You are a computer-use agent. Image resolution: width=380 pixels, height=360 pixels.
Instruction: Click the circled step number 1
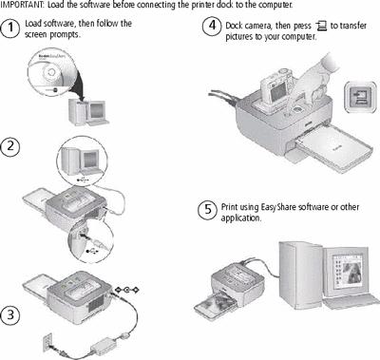10,28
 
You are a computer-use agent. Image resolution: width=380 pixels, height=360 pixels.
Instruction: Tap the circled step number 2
10,146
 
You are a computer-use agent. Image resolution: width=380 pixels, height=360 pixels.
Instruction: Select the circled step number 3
10,314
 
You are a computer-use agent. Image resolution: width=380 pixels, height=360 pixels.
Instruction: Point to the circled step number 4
212,26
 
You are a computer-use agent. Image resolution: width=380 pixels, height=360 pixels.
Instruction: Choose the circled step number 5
207,209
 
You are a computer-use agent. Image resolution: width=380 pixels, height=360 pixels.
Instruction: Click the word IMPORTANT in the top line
22,5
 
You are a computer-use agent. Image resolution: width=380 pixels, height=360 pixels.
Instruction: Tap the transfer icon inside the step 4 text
321,26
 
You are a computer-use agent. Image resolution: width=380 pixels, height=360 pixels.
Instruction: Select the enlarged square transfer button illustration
361,97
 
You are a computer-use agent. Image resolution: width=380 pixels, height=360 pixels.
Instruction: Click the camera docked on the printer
273,88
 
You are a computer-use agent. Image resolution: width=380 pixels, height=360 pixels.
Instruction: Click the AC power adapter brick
104,346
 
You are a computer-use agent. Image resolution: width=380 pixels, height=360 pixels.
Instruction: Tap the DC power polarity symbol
126,290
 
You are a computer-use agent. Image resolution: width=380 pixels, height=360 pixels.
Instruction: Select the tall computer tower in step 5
296,275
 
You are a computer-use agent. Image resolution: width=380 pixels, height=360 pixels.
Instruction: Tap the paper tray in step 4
334,147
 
